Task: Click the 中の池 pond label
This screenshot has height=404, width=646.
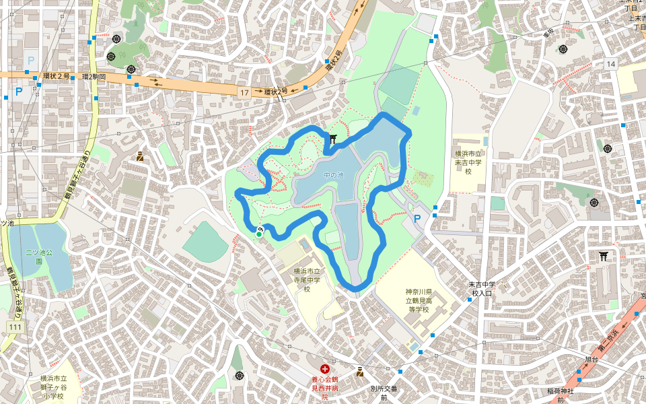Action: pos(333,176)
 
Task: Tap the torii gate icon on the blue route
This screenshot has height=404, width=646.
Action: pos(334,139)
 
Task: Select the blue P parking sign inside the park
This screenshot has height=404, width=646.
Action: pos(417,219)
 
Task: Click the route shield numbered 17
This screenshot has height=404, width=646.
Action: pos(244,91)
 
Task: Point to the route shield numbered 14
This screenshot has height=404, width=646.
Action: pos(610,64)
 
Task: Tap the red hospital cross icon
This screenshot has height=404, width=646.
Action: pos(325,368)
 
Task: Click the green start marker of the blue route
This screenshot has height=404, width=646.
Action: pos(258,234)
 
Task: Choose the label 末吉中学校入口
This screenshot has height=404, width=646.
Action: pos(481,288)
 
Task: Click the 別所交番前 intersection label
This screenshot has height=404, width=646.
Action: pos(384,393)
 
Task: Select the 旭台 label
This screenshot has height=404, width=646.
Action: pos(591,360)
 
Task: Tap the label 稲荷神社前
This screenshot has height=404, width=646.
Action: pos(559,395)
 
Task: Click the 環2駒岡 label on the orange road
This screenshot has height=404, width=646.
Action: pos(95,77)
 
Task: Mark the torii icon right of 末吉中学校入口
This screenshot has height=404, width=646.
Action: pos(603,256)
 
